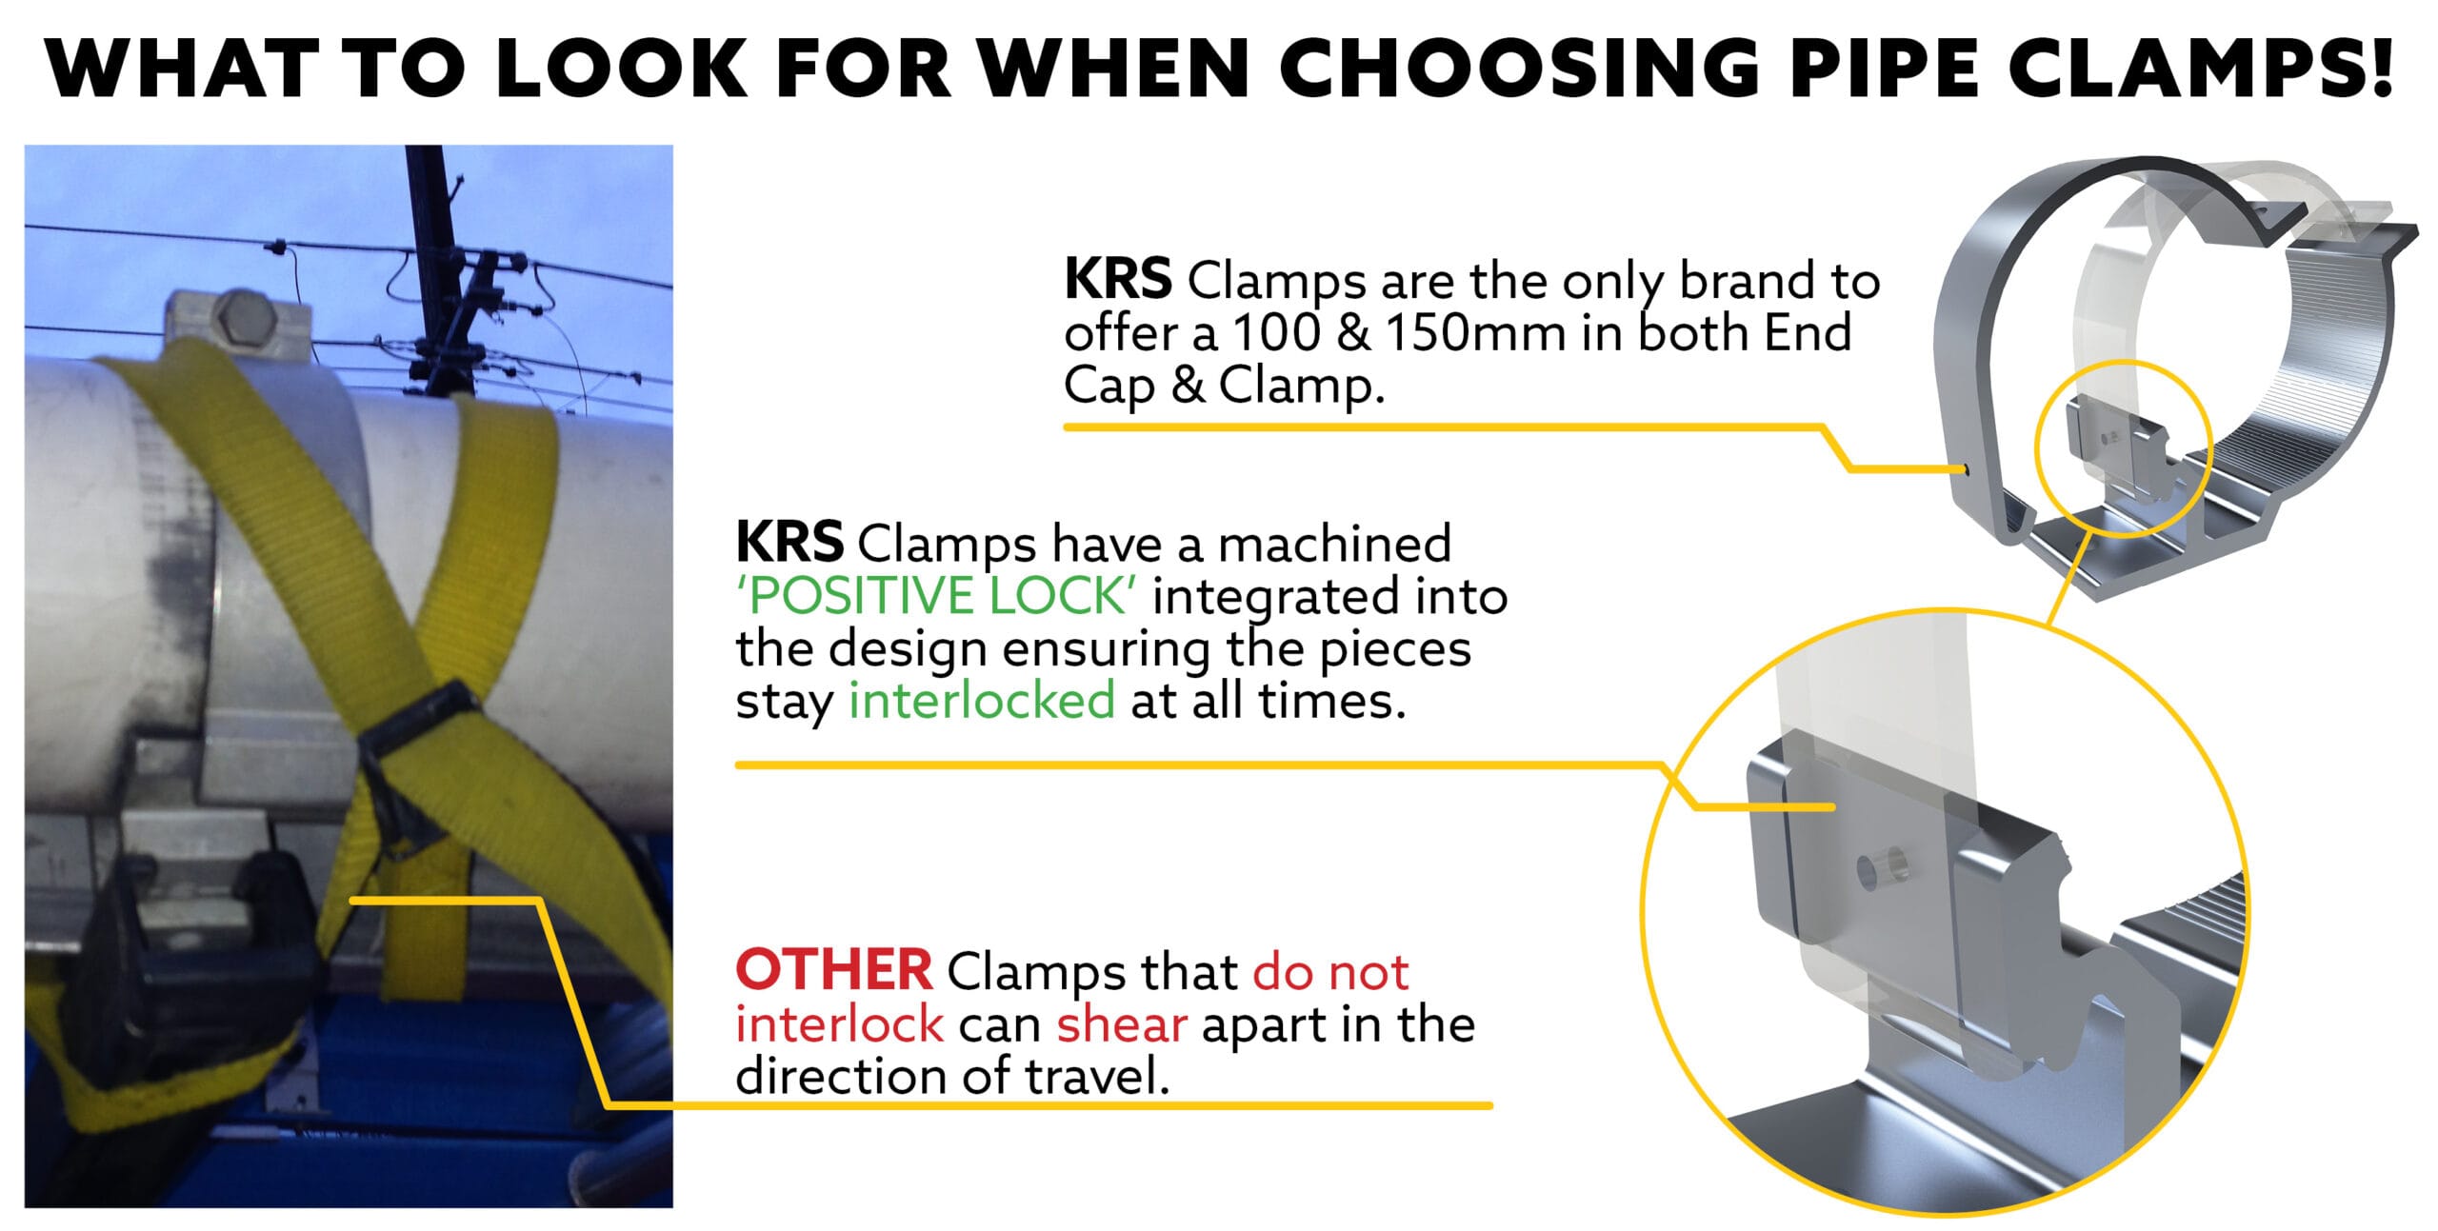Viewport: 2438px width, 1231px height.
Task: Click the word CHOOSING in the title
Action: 1518,68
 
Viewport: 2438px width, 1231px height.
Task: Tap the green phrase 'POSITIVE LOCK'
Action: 936,597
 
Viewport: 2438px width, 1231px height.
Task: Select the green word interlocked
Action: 982,702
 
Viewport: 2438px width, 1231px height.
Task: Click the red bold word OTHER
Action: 834,971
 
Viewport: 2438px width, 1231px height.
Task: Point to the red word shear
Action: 1122,1024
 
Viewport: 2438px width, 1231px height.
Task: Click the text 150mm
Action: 1475,333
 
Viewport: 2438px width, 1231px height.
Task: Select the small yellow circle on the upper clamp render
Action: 2120,448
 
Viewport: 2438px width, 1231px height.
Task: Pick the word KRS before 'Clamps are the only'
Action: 1117,280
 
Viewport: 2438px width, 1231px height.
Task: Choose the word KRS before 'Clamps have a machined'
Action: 789,543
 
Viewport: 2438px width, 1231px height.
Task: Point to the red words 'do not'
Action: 1330,972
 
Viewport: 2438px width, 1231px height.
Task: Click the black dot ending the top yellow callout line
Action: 1966,469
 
